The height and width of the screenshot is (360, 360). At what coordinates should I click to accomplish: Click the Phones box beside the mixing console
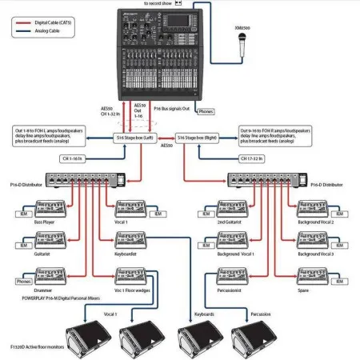point(206,112)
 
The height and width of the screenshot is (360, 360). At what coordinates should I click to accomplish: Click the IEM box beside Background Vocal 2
point(341,208)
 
